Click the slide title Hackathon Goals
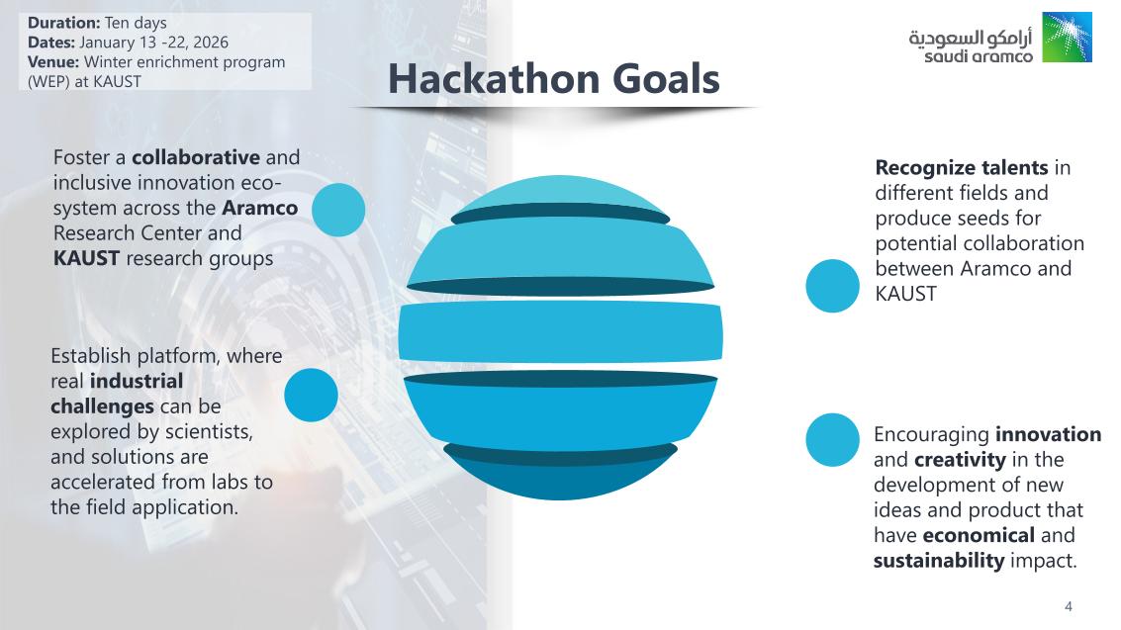click(552, 79)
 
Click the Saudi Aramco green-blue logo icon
click(1067, 38)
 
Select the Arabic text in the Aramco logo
click(971, 37)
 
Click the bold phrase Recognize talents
click(961, 167)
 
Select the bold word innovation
click(1048, 434)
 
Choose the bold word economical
click(979, 536)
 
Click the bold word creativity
click(960, 460)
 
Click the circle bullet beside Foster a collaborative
click(338, 210)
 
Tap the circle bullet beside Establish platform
click(311, 395)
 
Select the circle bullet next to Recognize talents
click(832, 286)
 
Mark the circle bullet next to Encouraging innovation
click(832, 439)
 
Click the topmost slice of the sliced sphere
click(559, 195)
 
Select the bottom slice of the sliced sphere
click(559, 475)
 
